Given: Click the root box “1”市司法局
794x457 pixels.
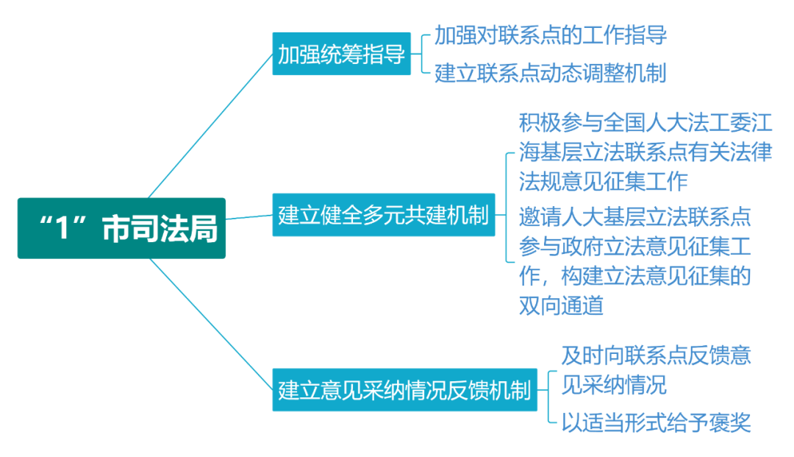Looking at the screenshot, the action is [121, 228].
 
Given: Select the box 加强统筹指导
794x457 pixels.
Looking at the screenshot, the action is [341, 54].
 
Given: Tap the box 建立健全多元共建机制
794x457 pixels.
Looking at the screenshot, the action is [383, 215].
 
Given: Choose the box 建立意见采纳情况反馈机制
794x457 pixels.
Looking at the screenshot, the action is [404, 389].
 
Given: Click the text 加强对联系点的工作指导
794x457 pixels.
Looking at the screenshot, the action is [551, 35].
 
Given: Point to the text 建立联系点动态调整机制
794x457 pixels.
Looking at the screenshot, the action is [551, 73].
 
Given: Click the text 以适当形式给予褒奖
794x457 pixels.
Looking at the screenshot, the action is [657, 422].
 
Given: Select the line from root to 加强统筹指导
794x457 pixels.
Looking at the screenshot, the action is [211, 126].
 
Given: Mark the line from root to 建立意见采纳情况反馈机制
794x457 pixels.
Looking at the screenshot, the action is [212, 325].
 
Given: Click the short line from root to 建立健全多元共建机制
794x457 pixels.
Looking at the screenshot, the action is [249, 217].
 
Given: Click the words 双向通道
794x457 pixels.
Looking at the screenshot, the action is [561, 305].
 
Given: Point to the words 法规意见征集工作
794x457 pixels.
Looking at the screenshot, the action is [603, 181].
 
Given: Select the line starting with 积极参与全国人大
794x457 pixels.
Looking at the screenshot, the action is [645, 123].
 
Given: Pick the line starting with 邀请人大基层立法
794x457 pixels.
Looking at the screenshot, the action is [635, 217].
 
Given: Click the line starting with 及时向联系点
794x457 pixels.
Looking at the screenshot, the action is [657, 355].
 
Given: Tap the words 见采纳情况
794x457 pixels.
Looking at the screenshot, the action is [614, 385].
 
